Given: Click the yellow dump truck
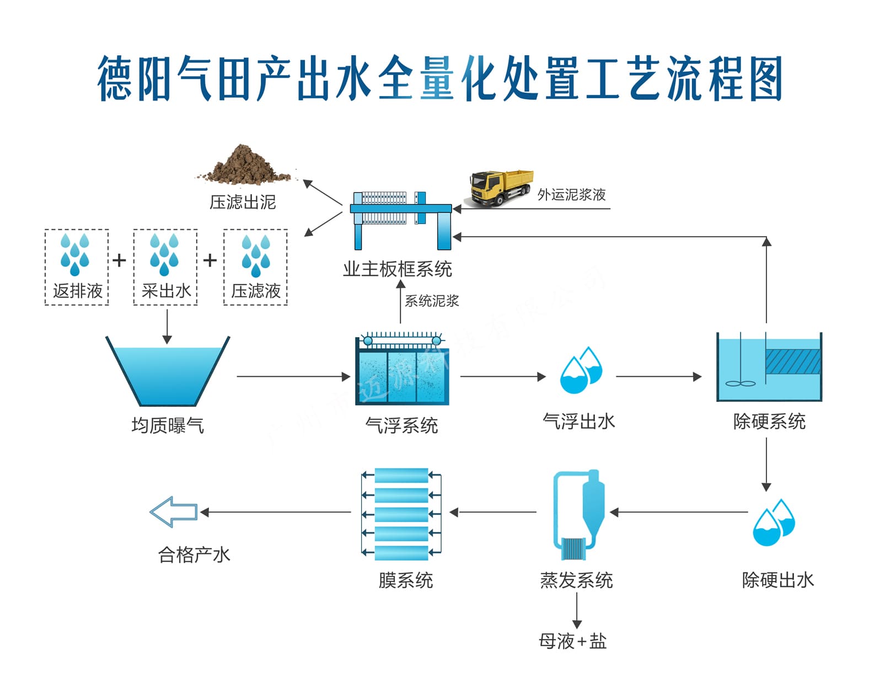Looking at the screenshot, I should pyautogui.click(x=501, y=188).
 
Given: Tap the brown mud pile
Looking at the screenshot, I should pyautogui.click(x=244, y=166).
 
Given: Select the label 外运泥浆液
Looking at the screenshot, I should pyautogui.click(x=571, y=195).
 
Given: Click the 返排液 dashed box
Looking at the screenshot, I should pyautogui.click(x=77, y=267).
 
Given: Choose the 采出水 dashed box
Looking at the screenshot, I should pyautogui.click(x=165, y=267).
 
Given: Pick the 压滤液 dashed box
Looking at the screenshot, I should pyautogui.click(x=255, y=267).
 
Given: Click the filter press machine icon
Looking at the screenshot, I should pyautogui.click(x=400, y=219).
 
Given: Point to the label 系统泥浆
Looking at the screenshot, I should pyautogui.click(x=432, y=301).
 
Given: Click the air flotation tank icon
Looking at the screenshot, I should pyautogui.click(x=401, y=370).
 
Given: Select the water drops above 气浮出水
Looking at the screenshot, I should pyautogui.click(x=581, y=370).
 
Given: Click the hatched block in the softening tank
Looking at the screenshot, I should pyautogui.click(x=792, y=362).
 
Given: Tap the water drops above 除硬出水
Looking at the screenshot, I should pyautogui.click(x=774, y=522).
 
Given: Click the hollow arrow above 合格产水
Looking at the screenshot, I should pyautogui.click(x=174, y=512).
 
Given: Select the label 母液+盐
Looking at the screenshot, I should pyautogui.click(x=572, y=641).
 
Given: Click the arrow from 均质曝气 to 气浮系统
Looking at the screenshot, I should pyautogui.click(x=293, y=377).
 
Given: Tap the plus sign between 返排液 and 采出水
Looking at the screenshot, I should pyautogui.click(x=120, y=260).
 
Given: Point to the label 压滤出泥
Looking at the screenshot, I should pyautogui.click(x=243, y=202).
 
